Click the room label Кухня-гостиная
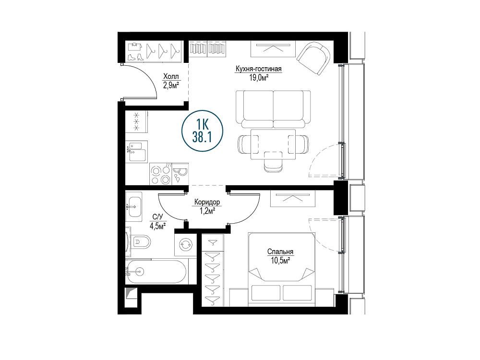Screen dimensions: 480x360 pos(258,69)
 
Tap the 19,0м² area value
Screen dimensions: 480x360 pos(259,77)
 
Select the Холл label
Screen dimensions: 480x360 pos(171,76)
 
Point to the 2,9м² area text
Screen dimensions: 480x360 pos(171,85)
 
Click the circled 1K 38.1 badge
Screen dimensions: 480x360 pos(202,131)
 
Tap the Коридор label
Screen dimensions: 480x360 pos(207,202)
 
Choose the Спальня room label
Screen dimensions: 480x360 pos(280,252)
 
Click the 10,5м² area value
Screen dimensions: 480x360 pos(280,261)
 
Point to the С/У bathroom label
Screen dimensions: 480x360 pos(157,217)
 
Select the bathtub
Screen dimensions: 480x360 pos(156,271)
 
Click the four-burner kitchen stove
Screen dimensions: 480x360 pos(161,174)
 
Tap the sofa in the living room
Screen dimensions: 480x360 pos(274,109)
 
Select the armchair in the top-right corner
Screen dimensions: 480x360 pos(314,58)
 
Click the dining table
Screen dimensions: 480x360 pos(273,144)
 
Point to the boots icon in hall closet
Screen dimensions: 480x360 pos(135,57)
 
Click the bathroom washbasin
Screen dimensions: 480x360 pos(134,206)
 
